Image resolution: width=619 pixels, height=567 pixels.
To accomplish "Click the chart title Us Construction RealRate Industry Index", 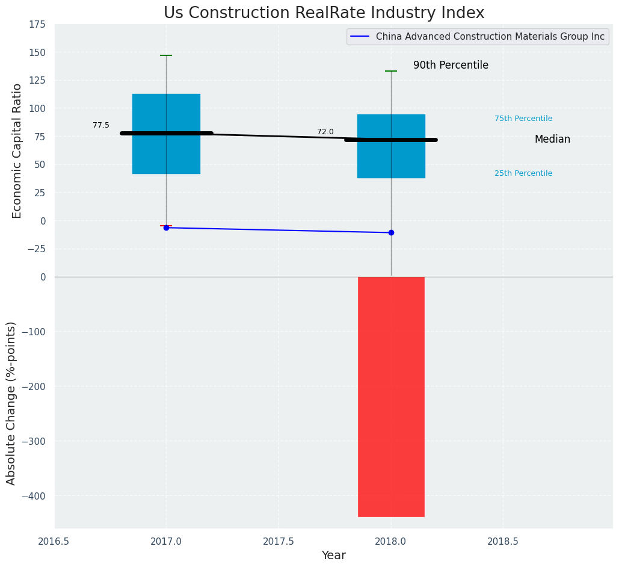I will pyautogui.click(x=324, y=13).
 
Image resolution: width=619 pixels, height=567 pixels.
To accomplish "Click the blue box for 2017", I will pyautogui.click(x=166, y=134).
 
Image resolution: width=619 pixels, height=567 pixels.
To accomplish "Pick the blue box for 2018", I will pyautogui.click(x=391, y=147).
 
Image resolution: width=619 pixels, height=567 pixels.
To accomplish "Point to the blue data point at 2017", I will pyautogui.click(x=166, y=228).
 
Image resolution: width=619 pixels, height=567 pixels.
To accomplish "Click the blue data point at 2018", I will pyautogui.click(x=391, y=232).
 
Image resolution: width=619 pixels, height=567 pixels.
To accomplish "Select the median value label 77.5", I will pyautogui.click(x=101, y=125).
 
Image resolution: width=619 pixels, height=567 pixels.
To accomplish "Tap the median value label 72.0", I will pyautogui.click(x=325, y=132).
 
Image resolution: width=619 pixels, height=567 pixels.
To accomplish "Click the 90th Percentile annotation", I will pyautogui.click(x=451, y=65).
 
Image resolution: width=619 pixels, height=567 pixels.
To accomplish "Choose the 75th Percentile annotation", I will pyautogui.click(x=523, y=119).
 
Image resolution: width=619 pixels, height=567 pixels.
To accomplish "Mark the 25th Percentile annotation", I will pyautogui.click(x=523, y=173).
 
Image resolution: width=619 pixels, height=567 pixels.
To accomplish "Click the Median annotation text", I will pyautogui.click(x=552, y=139).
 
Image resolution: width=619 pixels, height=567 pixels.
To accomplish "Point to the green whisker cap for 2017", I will pyautogui.click(x=166, y=55).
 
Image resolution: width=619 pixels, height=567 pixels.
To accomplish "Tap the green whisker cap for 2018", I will pyautogui.click(x=391, y=71).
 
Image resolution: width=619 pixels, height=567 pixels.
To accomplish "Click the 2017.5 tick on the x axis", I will pyautogui.click(x=279, y=541).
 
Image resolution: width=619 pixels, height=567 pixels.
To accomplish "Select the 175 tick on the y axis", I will pyautogui.click(x=37, y=24).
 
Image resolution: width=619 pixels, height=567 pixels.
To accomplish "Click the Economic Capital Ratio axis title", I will pyautogui.click(x=17, y=150).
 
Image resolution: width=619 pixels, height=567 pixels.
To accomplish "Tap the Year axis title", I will pyautogui.click(x=333, y=556).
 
